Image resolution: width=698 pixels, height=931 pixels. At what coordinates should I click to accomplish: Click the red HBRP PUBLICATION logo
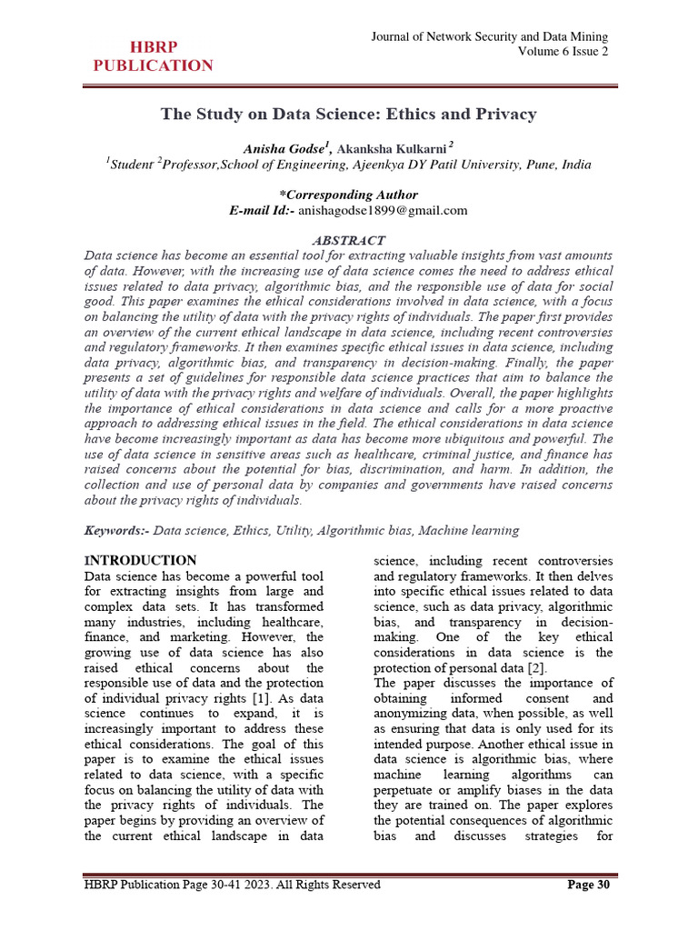(154, 56)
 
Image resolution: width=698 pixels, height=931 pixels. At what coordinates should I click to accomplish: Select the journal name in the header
(490, 36)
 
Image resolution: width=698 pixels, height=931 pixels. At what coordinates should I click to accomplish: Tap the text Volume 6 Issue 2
(563, 52)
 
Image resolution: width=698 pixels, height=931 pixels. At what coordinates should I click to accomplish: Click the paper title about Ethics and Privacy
(349, 115)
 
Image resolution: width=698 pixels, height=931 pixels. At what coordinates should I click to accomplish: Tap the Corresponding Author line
(349, 195)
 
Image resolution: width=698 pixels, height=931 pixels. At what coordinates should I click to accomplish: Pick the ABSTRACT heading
(349, 240)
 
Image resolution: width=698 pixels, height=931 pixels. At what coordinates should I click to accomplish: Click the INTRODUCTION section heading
(140, 560)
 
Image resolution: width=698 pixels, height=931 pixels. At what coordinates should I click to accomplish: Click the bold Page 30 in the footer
(588, 885)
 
